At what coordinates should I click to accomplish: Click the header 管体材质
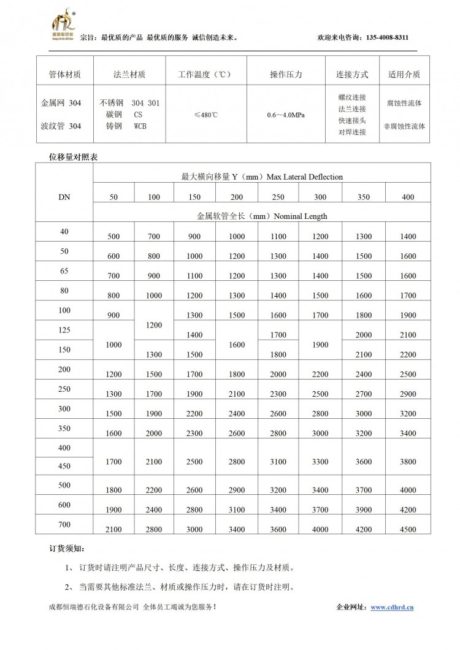pos(64,75)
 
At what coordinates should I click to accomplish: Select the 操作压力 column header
pos(286,75)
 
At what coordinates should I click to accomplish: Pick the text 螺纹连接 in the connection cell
pos(352,97)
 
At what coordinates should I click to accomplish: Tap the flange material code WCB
pos(142,126)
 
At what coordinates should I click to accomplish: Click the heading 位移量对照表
pos(73,157)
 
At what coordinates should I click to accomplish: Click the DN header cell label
pos(64,196)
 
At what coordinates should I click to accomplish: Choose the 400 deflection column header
pos(407,197)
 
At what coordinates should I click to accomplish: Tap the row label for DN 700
pos(64,524)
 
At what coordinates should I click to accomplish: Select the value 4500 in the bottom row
pos(407,530)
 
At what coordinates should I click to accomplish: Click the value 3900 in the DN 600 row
pos(364,510)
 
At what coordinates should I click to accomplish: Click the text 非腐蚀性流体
pos(404,126)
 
